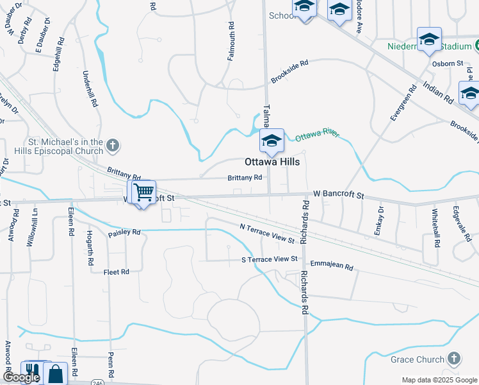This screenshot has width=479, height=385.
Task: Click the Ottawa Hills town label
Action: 272,162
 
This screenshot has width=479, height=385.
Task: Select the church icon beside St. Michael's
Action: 113,146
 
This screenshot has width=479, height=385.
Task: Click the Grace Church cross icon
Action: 453,359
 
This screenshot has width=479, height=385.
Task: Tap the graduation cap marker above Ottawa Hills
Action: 272,141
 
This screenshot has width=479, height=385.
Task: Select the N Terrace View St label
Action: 266,234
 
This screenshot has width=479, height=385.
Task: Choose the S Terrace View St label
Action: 270,259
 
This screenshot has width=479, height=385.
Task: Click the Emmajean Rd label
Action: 332,265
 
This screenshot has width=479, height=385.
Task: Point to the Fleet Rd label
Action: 117,272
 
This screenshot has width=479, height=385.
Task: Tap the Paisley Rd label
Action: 124,232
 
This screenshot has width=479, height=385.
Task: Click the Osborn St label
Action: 448,63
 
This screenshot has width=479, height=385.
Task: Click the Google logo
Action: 22,378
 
